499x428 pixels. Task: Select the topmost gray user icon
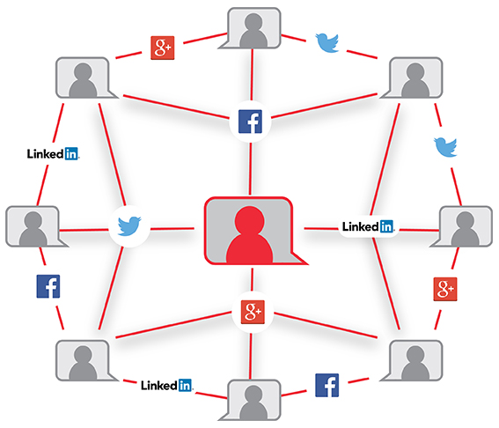pyautogui.click(x=253, y=29)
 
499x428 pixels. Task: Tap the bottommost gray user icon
pyautogui.click(x=253, y=400)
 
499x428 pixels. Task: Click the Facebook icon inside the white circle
pyautogui.click(x=250, y=122)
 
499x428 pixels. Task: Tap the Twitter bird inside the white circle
pyautogui.click(x=129, y=225)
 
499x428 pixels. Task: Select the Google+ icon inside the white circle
pyautogui.click(x=253, y=312)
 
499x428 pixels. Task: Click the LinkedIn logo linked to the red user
pyautogui.click(x=368, y=226)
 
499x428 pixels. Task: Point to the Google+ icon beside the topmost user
pyautogui.click(x=162, y=48)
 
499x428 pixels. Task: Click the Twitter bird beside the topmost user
pyautogui.click(x=327, y=42)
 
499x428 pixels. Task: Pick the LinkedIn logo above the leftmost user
pyautogui.click(x=53, y=154)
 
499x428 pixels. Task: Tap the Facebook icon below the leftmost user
pyautogui.click(x=48, y=286)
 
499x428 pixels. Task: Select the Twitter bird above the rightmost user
pyautogui.click(x=445, y=147)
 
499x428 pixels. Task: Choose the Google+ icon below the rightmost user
pyautogui.click(x=445, y=289)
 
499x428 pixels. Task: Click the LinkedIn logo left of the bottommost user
pyautogui.click(x=166, y=386)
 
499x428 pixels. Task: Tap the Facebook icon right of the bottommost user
pyautogui.click(x=327, y=386)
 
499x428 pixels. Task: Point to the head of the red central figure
pyautogui.click(x=250, y=221)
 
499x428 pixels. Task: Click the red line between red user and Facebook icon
pyautogui.click(x=250, y=169)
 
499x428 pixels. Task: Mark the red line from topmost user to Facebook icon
pyautogui.click(x=252, y=75)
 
